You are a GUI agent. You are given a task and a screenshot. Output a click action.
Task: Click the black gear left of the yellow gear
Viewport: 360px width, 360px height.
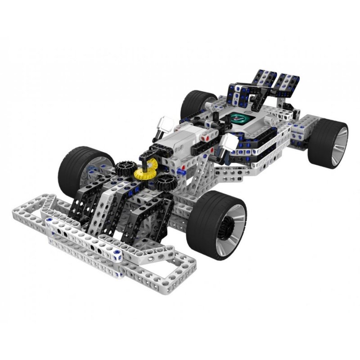coord(122,169)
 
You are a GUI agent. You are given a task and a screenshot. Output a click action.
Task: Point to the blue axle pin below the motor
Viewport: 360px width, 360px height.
coord(183,171)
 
